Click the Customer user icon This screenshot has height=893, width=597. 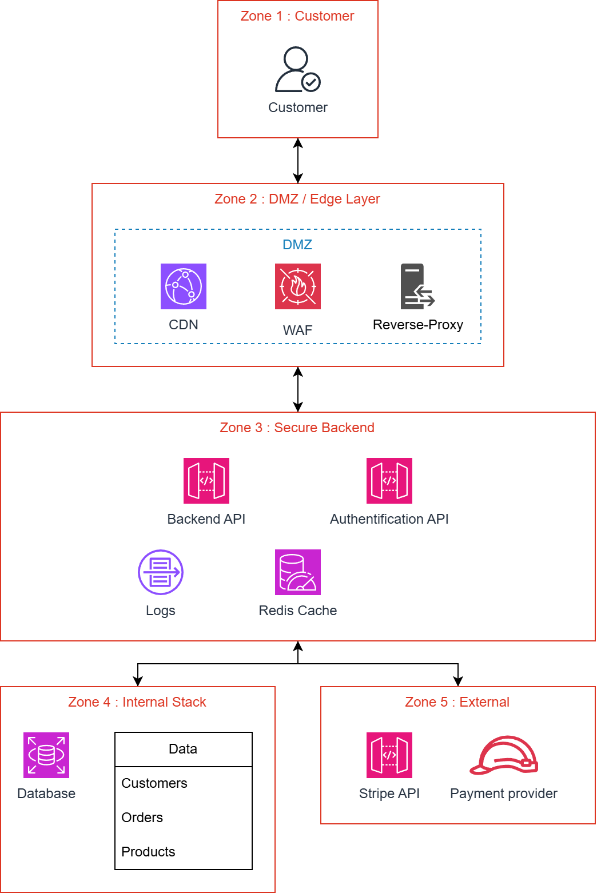297,69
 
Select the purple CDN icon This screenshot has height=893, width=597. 184,286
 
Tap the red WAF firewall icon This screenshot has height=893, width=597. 298,286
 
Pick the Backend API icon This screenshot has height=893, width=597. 206,481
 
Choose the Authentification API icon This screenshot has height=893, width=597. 389,481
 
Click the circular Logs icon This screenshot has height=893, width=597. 161,572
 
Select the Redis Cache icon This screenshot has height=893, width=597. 298,572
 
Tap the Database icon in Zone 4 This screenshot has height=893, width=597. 46,755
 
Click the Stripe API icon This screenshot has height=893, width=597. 389,755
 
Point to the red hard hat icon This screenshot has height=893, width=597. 504,755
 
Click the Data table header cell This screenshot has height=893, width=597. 183,749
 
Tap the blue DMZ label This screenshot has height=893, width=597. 297,245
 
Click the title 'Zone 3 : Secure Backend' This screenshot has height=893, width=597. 297,428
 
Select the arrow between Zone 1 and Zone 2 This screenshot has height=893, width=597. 298,161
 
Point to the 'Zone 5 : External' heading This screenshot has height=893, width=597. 457,702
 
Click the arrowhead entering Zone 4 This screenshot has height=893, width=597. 138,681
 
